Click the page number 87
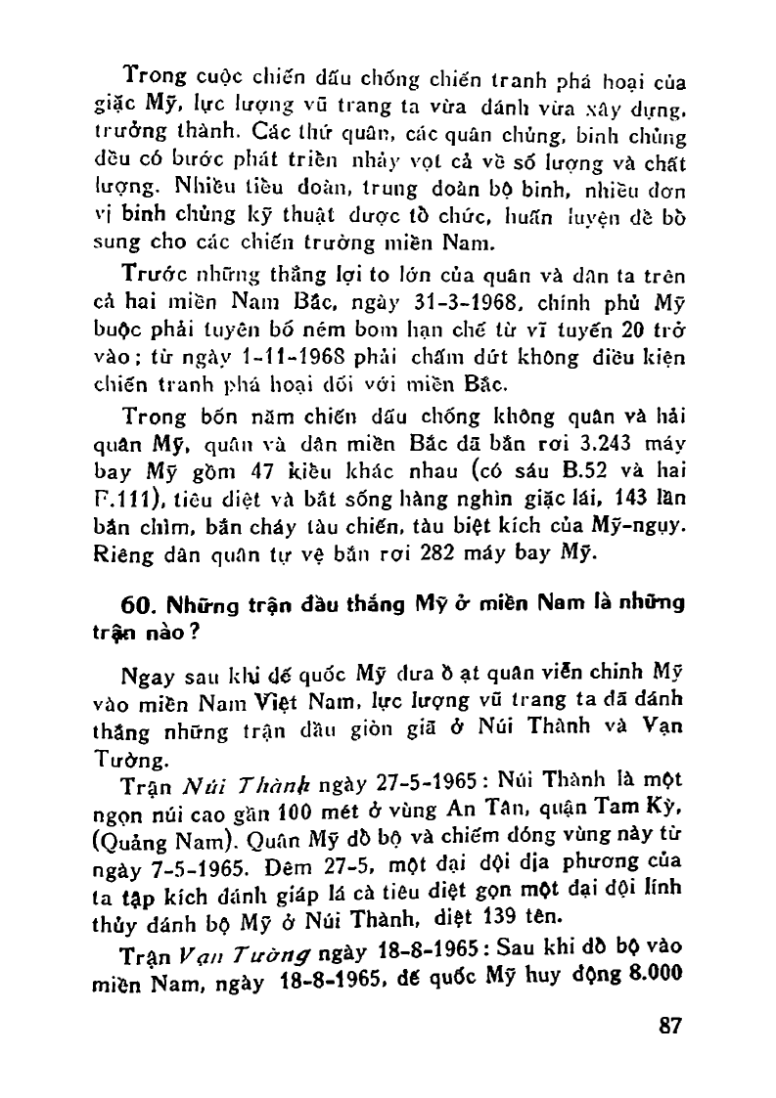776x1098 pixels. (668, 1027)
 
